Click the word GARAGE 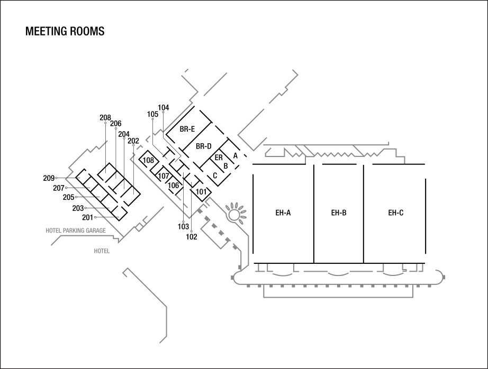pos(96,231)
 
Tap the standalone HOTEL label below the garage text pos(102,251)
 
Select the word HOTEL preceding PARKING pos(53,231)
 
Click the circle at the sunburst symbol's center pos(234,215)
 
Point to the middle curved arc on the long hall pos(338,274)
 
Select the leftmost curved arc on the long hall pos(283,274)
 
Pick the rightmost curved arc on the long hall pos(393,273)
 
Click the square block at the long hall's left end pos(233,278)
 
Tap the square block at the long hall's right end pos(444,277)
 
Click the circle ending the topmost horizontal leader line pos(56,178)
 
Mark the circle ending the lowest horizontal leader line pos(95,217)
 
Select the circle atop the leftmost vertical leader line pos(105,123)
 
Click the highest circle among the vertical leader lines pos(163,112)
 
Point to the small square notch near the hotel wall pos(139,227)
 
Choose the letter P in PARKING pos(65,231)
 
